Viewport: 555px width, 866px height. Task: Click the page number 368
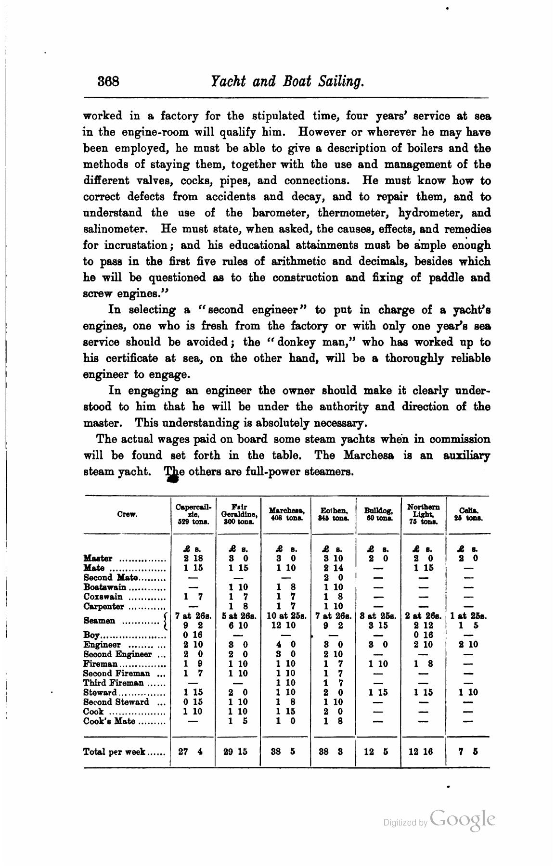(108, 81)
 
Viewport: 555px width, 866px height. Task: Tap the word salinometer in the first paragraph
(119, 229)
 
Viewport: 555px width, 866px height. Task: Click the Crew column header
(127, 514)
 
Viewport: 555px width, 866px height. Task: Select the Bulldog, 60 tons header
(378, 514)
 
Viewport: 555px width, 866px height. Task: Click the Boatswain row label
(105, 587)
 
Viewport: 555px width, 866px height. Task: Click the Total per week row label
(115, 751)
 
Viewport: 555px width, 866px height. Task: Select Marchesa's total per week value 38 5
(285, 751)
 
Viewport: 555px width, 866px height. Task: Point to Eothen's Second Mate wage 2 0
(333, 578)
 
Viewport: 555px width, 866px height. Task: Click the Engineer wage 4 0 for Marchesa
(285, 645)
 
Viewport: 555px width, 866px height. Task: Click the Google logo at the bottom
(463, 819)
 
